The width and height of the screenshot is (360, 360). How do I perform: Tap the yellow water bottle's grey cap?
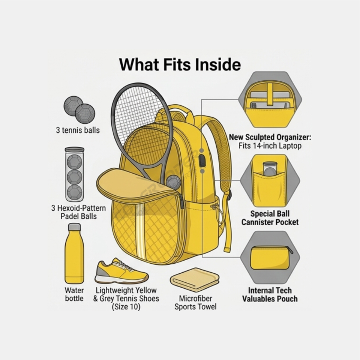tap(75, 227)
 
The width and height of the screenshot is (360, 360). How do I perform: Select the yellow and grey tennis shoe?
tap(121, 271)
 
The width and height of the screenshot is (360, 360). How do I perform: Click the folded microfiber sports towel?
tap(195, 280)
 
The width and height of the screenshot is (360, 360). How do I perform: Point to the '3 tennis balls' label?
tap(78, 130)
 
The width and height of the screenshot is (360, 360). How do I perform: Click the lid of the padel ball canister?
tap(75, 150)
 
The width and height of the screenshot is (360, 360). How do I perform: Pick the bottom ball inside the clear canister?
tap(75, 192)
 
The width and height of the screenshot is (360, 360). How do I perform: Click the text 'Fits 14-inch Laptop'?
tap(270, 146)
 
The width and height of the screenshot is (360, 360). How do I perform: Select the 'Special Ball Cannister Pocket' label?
tap(270, 218)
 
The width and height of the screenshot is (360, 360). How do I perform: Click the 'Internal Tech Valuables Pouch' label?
tap(270, 295)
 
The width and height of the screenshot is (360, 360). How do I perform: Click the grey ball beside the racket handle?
tap(173, 183)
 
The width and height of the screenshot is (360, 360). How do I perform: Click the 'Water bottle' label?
tap(74, 294)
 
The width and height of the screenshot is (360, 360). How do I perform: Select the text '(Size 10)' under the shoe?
tap(126, 307)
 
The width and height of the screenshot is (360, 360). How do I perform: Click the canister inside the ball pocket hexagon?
tap(270, 168)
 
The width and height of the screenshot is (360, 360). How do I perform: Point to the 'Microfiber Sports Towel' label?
tap(195, 303)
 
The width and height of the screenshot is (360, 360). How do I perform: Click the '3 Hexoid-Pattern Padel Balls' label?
tap(78, 212)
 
